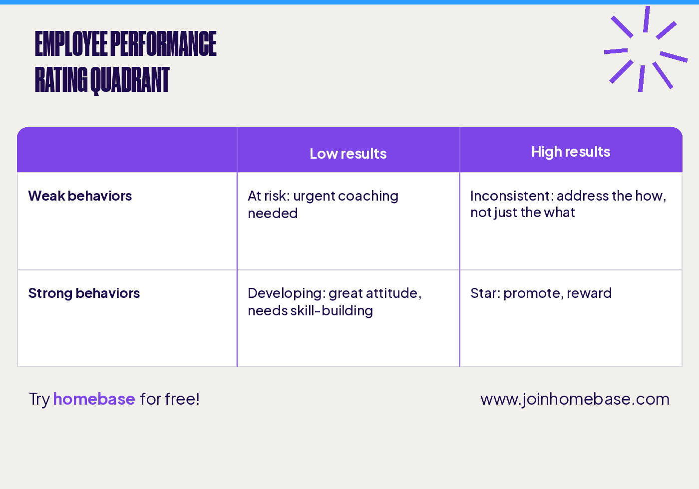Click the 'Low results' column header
[348, 154]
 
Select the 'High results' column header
[571, 152]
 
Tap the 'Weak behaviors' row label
[80, 196]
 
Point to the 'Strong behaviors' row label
[84, 293]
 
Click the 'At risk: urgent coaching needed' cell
[323, 205]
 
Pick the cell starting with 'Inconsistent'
[568, 204]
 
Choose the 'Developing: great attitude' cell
[335, 301]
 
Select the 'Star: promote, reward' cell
[541, 293]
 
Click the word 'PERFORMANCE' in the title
[163, 44]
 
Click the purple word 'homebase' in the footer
[94, 399]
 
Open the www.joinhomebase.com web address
[575, 399]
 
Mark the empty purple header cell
[127, 150]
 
